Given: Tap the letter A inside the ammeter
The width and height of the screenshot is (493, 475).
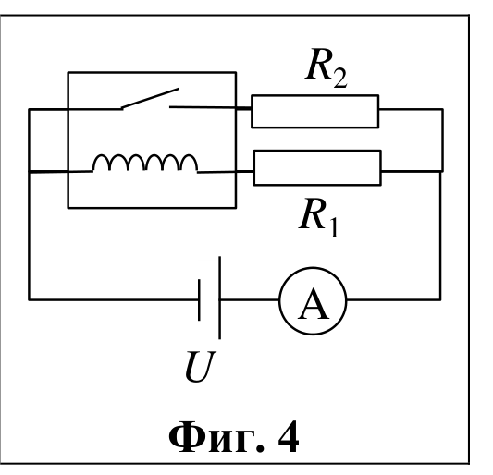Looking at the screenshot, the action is pos(314,304).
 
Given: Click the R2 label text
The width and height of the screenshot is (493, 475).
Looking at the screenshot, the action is pos(327,68).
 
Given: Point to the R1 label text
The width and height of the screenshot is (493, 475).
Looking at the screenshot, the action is pos(319,218).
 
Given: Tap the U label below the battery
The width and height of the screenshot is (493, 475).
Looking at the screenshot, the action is pos(200,366).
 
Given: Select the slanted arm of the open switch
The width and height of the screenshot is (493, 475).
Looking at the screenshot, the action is pos(150,99).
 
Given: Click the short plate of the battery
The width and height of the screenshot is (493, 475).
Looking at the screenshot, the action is pos(199,300).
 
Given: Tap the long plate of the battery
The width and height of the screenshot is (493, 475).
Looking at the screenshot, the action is pos(219,298).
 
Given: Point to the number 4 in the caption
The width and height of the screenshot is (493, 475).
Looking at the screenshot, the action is pos(289,437).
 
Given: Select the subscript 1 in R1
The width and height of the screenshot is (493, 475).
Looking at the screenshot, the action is pos(334,227).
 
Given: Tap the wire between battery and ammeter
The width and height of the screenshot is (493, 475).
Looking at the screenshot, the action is pos(250,300).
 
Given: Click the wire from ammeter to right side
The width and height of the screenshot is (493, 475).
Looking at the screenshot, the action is pos(394,300).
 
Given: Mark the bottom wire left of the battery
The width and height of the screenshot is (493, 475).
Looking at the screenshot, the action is pos(114,300).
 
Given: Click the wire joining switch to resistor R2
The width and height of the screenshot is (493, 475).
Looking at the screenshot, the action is pos(210,108).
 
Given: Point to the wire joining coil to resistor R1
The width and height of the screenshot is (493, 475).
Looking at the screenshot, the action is pos(226,172).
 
